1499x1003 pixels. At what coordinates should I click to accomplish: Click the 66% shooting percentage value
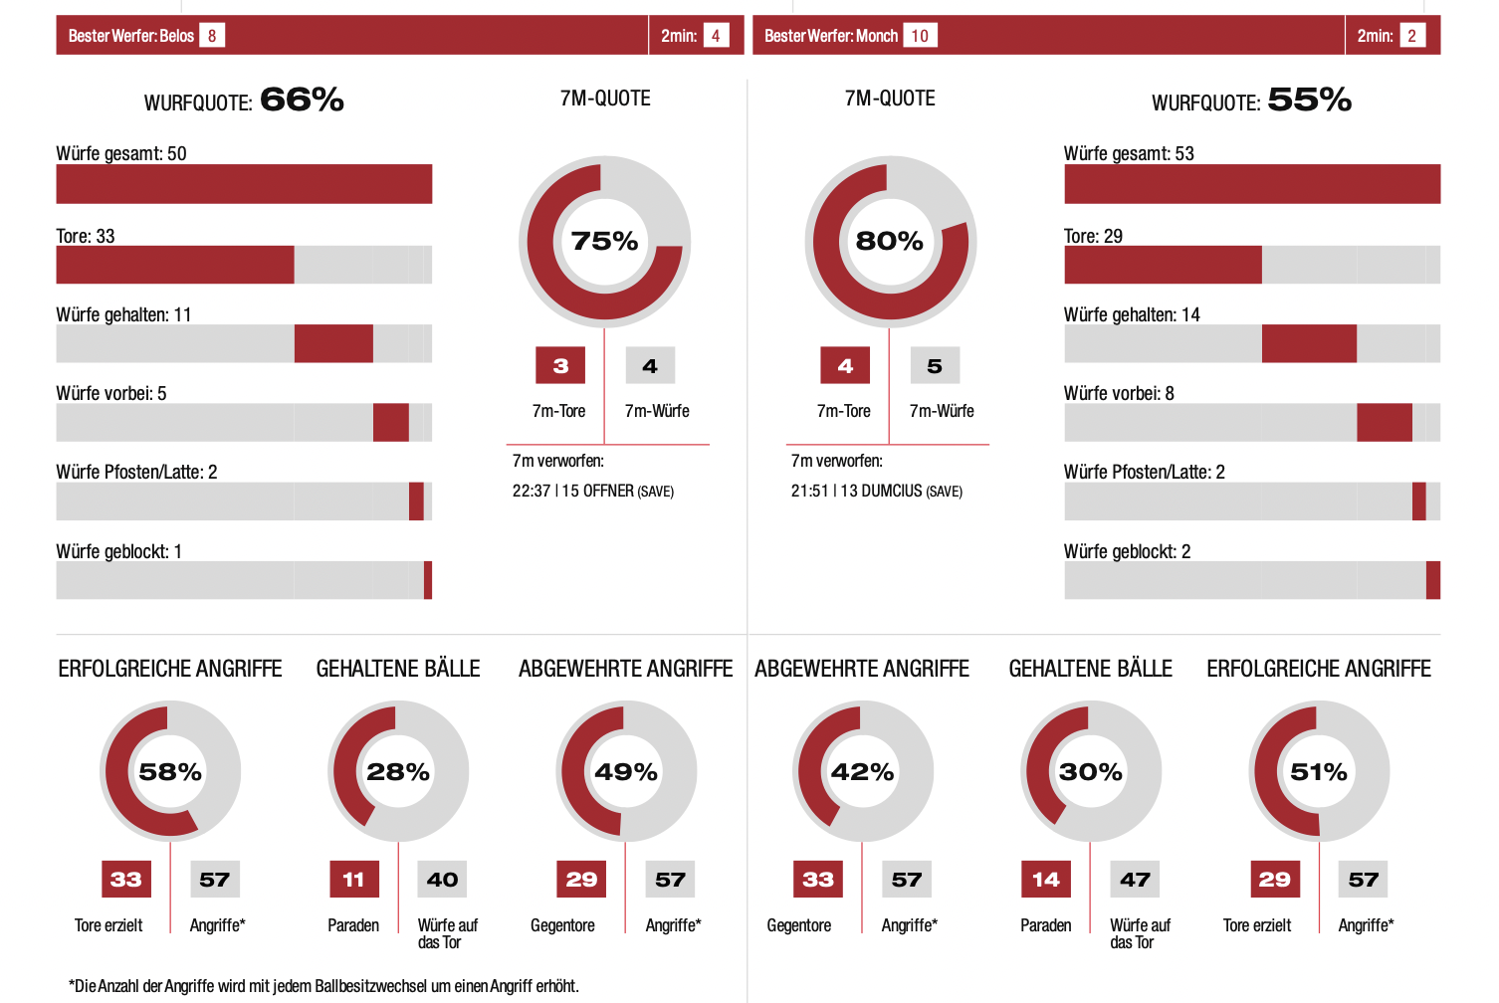coord(302,100)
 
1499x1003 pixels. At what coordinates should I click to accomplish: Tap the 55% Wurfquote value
coord(1309,100)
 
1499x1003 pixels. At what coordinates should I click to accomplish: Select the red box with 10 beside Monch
coord(920,36)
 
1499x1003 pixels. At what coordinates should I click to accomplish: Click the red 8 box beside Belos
coord(211,36)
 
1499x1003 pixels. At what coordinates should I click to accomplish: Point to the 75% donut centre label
coord(604,241)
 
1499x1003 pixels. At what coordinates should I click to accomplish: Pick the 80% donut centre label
coord(890,241)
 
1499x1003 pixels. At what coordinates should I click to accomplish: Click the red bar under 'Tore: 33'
coord(175,265)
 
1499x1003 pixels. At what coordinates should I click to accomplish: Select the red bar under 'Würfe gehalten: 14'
coord(1309,343)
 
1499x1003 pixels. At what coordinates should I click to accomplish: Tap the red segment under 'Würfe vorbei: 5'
coord(390,422)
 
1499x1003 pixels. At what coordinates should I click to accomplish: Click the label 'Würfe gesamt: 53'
coord(1129,153)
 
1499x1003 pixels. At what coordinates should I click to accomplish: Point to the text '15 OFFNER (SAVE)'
coord(617,491)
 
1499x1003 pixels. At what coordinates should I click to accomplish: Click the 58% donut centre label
coord(170,772)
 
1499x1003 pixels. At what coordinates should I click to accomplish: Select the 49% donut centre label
coord(626,772)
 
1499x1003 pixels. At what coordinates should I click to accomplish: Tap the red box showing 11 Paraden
coord(353,880)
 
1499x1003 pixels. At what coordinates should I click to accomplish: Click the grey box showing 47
coord(1135,880)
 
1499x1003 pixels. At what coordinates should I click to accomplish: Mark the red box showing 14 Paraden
coord(1046,880)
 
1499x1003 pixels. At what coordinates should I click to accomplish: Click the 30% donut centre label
coord(1091,772)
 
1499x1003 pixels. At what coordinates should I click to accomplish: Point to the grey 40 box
coord(443,880)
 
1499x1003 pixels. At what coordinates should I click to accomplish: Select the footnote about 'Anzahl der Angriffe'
coord(323,986)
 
